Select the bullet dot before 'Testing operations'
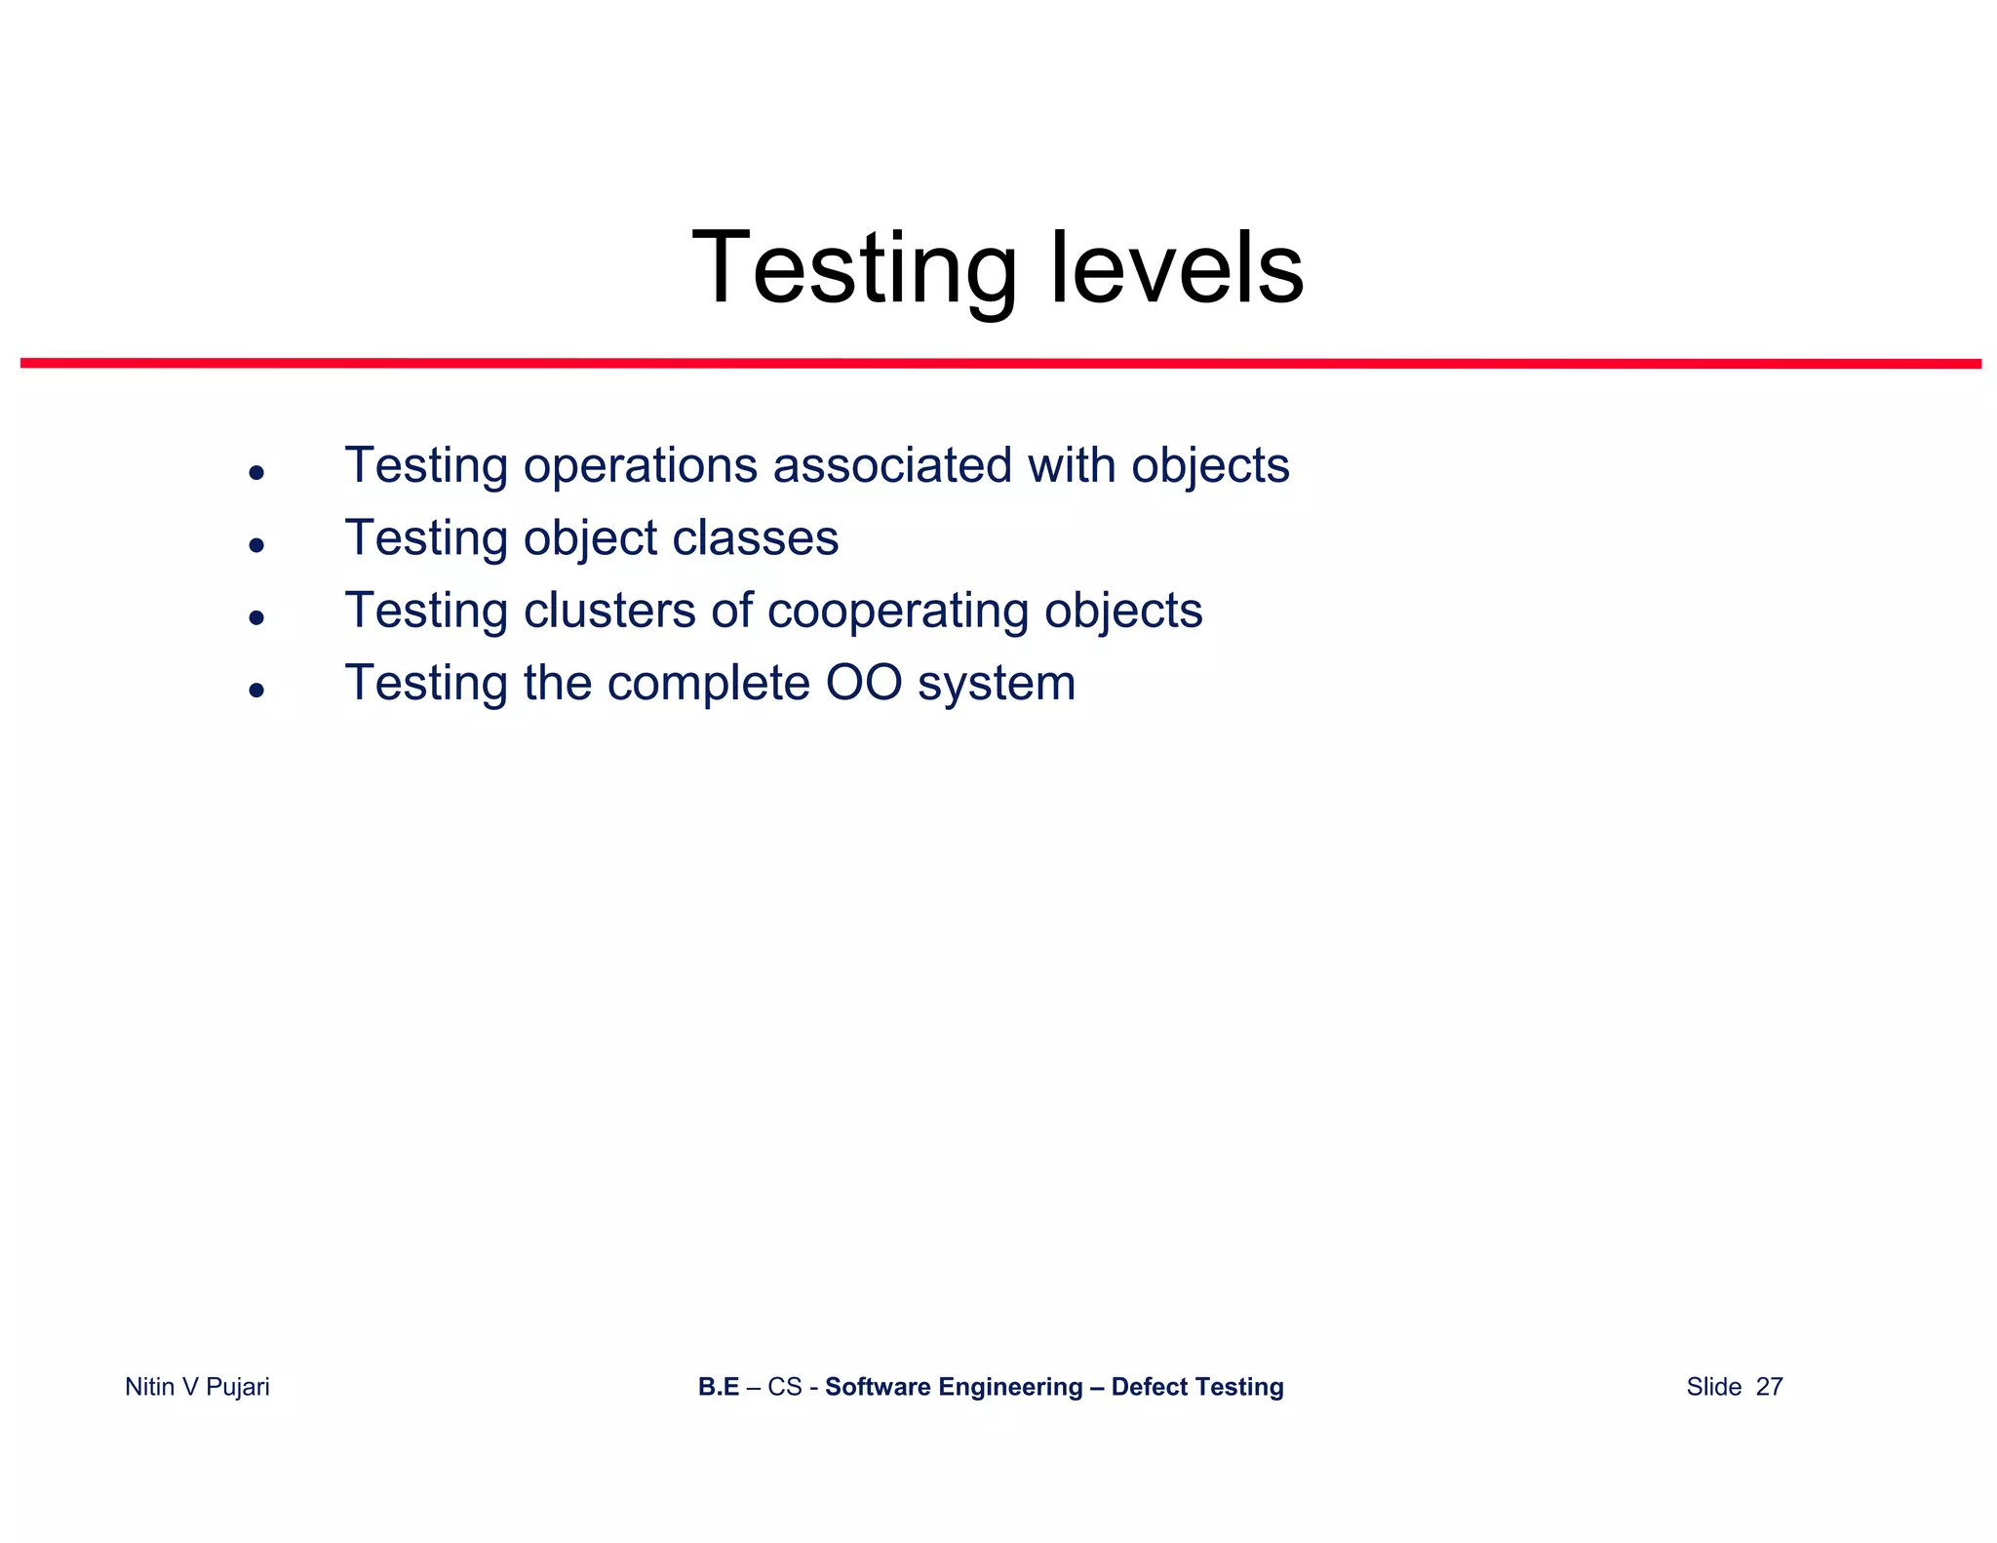coord(256,473)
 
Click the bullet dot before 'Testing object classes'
coord(256,545)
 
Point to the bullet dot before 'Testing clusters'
coord(256,617)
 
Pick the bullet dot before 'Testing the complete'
coord(256,691)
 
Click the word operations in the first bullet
coord(640,466)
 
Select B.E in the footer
coord(719,1387)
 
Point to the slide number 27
coord(1769,1387)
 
